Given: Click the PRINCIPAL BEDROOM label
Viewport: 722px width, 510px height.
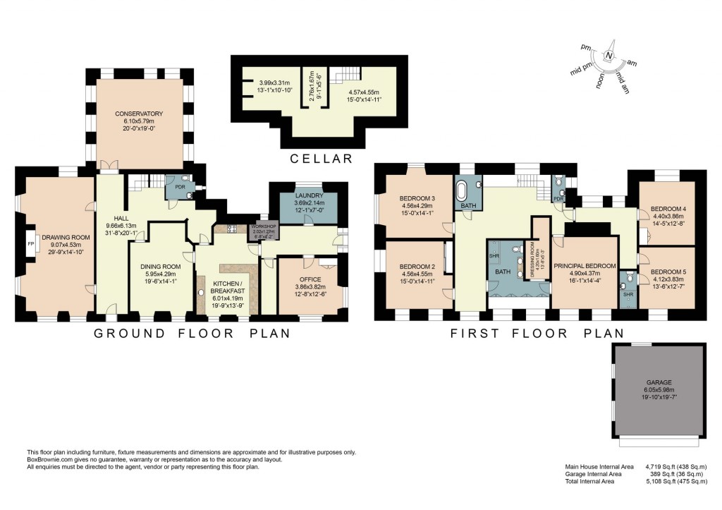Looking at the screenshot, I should tap(585, 265).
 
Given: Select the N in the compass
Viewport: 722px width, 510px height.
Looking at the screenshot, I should tap(608, 56).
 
